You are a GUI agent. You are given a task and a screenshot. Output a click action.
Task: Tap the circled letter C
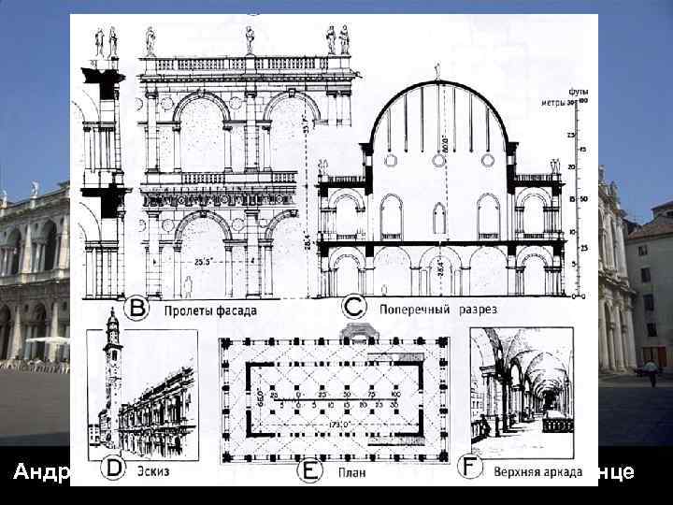352,306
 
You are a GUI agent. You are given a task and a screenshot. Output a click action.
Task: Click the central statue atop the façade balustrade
250,38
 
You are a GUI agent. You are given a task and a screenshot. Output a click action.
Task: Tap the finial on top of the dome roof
437,71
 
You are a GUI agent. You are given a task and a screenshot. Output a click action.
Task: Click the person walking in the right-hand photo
651,371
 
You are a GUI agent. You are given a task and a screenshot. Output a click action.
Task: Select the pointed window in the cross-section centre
439,218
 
